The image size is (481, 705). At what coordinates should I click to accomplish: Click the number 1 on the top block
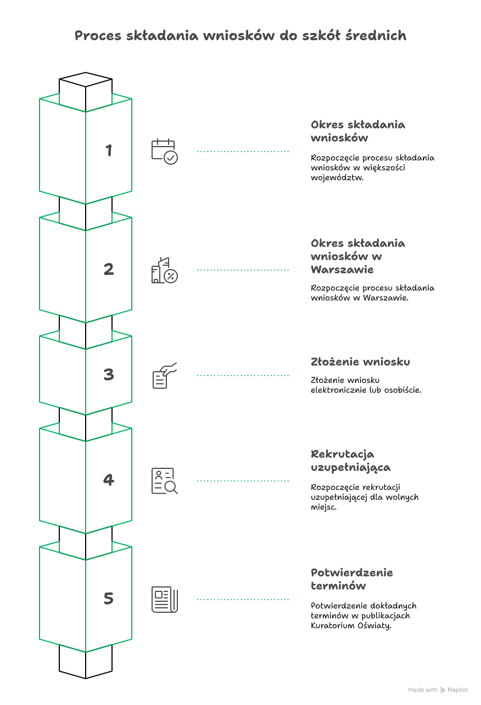109,150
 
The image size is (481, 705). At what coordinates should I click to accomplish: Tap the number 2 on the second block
109,269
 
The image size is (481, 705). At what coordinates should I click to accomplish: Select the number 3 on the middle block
109,374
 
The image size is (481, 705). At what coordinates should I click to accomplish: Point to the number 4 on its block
109,480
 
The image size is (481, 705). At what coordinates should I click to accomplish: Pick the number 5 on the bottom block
109,598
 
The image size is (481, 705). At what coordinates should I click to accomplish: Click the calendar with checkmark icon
165,152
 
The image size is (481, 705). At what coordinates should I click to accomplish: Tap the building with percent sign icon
165,270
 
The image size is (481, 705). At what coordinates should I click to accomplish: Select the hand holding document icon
165,375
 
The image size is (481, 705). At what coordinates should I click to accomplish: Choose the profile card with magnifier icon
165,480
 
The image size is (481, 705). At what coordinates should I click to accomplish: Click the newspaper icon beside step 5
165,599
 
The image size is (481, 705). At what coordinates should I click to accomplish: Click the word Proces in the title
98,35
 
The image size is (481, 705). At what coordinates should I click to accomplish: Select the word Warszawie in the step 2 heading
342,270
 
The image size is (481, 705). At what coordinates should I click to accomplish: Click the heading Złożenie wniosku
360,362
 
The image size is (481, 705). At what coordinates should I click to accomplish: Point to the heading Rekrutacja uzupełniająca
351,461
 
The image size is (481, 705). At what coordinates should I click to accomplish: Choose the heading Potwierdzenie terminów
352,579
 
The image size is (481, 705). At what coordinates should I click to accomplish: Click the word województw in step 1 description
337,177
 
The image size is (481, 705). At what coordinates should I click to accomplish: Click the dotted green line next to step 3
243,375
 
